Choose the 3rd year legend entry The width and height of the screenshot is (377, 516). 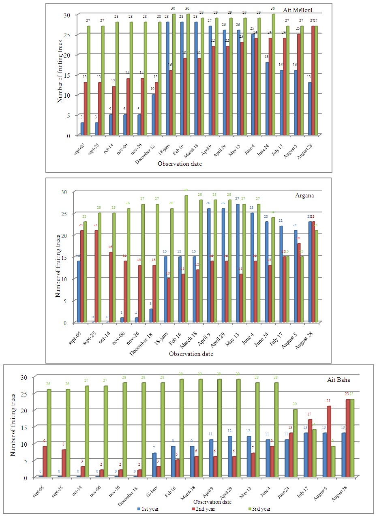[259, 509]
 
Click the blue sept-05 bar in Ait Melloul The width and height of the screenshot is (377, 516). [82, 129]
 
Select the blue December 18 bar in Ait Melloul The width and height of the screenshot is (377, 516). [153, 115]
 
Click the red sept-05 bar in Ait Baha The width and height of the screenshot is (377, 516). [45, 461]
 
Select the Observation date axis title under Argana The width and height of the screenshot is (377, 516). [191, 354]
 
